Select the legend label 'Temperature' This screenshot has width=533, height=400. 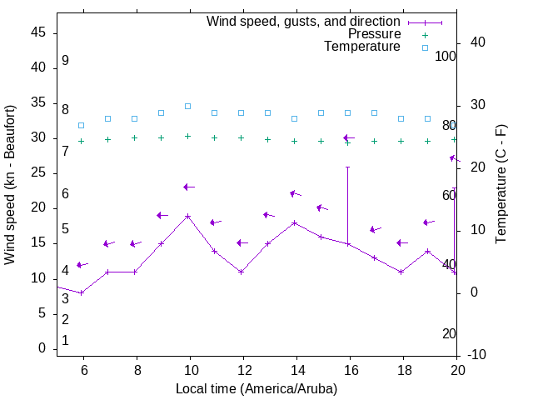[362, 47]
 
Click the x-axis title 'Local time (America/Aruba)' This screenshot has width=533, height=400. [257, 388]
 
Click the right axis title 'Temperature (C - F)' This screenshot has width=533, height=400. [501, 184]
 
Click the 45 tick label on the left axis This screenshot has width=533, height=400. [38, 33]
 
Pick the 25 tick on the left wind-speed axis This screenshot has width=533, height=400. [38, 173]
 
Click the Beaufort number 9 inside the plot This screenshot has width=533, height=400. [65, 61]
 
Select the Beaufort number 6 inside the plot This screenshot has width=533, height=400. [65, 194]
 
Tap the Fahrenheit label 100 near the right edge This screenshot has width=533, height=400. [446, 57]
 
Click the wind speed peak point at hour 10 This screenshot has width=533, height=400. [187, 216]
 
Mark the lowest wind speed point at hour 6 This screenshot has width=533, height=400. [81, 292]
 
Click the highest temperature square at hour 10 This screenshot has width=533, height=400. [187, 106]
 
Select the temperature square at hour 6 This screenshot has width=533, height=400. [81, 125]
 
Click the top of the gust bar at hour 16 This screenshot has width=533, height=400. [347, 167]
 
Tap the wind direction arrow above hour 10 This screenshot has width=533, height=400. [188, 187]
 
